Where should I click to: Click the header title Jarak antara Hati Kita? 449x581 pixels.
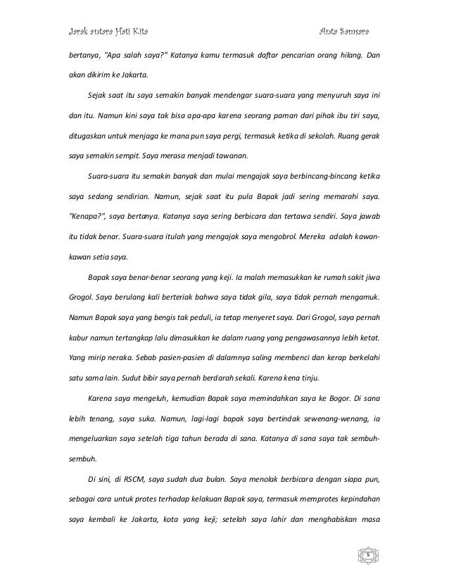(105, 32)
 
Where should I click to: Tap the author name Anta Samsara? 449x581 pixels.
(345, 32)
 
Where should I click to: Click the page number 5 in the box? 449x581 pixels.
(367, 554)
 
